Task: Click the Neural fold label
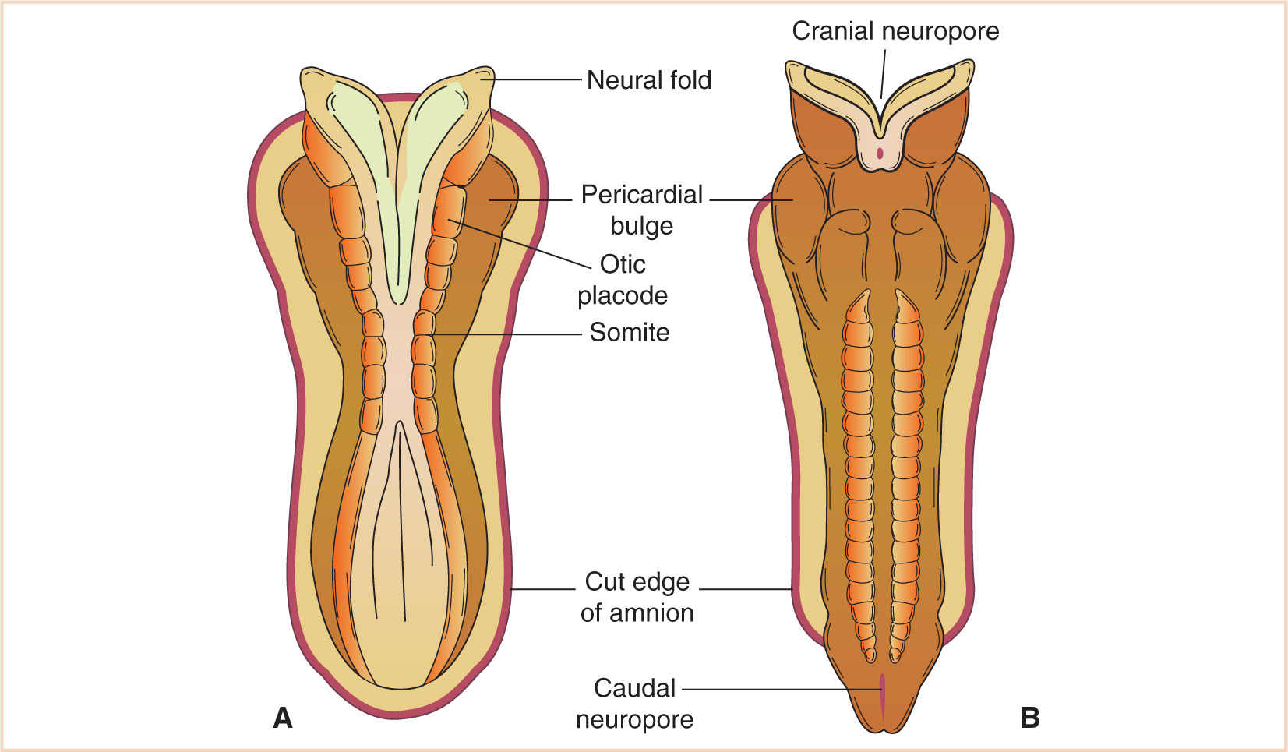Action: click(648, 80)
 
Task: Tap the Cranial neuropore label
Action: click(895, 31)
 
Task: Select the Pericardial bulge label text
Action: click(642, 210)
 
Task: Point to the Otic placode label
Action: click(623, 280)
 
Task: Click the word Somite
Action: click(629, 333)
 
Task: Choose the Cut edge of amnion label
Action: click(637, 597)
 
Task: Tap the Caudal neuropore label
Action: click(634, 703)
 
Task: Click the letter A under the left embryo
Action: click(283, 718)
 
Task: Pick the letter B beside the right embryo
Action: click(1029, 718)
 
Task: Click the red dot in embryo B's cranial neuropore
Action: click(880, 153)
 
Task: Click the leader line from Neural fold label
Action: click(538, 79)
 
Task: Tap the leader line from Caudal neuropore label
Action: click(779, 689)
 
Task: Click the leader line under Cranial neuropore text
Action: click(883, 72)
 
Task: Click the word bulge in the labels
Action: click(641, 226)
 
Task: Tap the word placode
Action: click(623, 296)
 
